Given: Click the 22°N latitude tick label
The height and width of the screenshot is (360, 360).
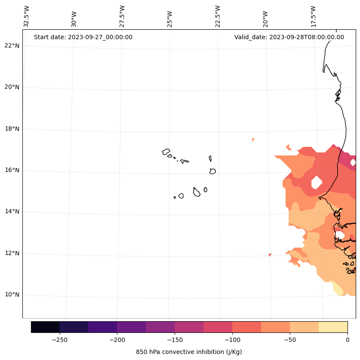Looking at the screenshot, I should (12, 46).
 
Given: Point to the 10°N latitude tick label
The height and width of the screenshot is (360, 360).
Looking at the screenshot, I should (12, 295).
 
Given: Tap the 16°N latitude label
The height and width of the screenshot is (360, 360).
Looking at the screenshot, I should (12, 170).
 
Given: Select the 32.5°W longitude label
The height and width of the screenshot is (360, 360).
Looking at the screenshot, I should (27, 16).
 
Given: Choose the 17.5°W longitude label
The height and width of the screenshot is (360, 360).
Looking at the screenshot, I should (314, 16).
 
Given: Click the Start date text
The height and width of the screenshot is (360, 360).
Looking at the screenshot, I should (83, 37).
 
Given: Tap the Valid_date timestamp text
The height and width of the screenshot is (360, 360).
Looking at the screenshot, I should (289, 37).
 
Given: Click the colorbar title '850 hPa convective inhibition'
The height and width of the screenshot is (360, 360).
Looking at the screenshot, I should (189, 352).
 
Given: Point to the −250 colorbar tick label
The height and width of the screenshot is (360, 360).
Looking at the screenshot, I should (59, 340).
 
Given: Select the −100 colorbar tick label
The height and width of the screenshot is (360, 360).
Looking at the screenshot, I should (232, 340).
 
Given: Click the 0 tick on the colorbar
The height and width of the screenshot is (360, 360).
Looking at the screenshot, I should (347, 340).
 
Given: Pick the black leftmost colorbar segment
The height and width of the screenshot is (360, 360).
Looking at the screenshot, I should (45, 327).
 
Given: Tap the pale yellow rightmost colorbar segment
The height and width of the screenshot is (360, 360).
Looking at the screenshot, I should (333, 327).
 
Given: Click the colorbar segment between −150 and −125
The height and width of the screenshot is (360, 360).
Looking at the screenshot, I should (189, 327).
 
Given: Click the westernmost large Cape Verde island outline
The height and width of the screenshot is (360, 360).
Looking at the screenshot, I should (166, 152).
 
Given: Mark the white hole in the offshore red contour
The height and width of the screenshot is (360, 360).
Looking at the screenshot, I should (317, 182).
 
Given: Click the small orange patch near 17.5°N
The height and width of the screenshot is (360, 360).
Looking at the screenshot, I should (253, 140).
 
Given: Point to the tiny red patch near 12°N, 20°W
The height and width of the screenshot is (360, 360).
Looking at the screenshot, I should (270, 255).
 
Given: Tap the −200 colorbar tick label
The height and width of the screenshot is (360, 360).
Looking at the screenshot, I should (117, 340).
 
